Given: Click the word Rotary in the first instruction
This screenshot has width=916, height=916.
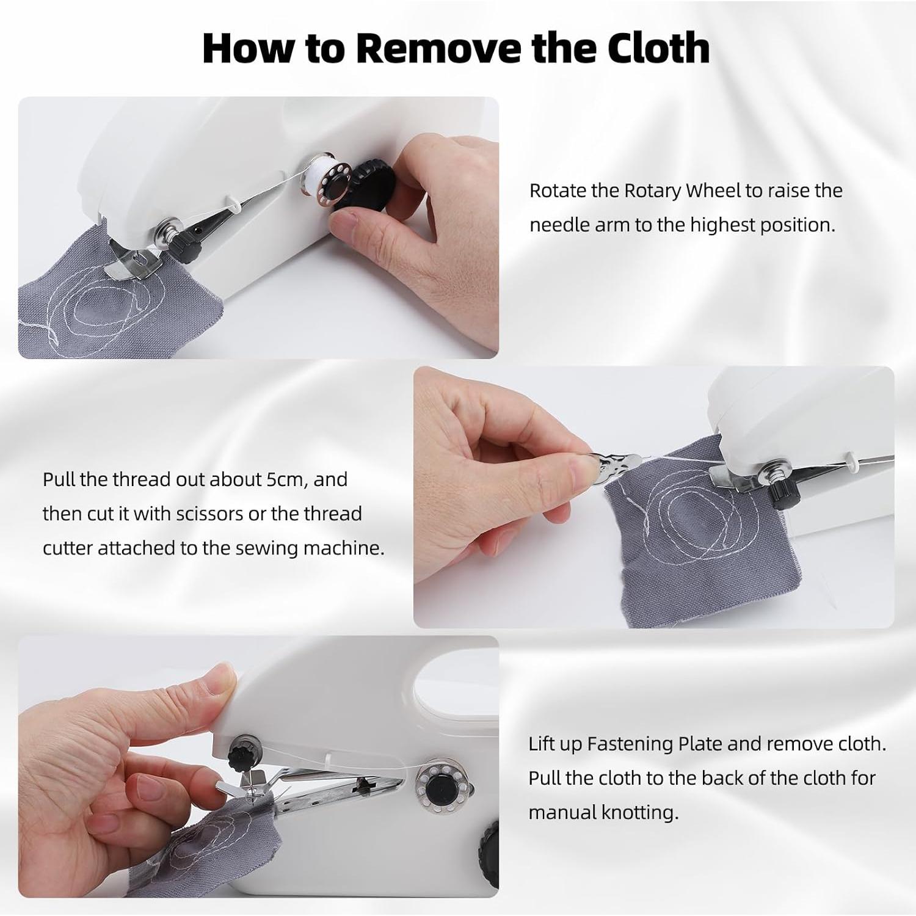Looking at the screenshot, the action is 652,191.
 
